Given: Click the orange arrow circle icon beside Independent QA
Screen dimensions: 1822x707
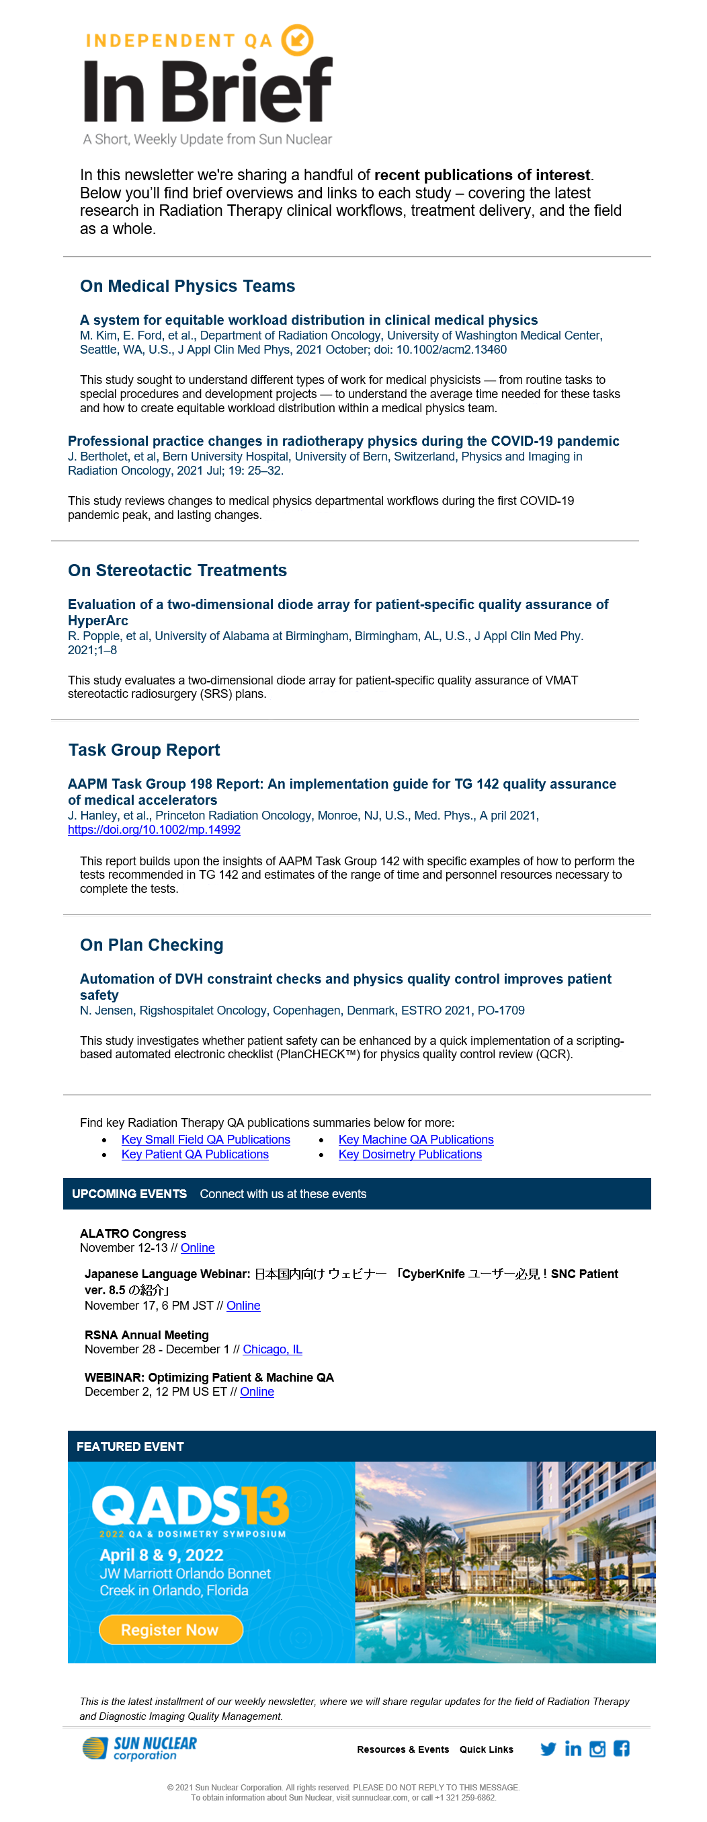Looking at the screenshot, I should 297,40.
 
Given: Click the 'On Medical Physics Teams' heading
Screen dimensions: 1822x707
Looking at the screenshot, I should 188,286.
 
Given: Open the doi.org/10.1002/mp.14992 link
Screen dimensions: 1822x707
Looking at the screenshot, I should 154,830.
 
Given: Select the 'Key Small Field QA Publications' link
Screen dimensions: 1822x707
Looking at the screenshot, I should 206,1140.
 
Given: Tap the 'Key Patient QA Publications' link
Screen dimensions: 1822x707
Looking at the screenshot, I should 195,1154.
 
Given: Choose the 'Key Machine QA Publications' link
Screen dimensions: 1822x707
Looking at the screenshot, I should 416,1140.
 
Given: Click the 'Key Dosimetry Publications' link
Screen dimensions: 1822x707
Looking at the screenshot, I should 410,1154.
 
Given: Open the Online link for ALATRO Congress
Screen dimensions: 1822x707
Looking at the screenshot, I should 198,1248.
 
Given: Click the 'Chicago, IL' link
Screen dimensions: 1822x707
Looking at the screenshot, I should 272,1349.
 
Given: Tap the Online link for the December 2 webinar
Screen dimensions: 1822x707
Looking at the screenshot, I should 257,1391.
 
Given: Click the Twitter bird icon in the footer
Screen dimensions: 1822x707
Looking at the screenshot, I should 548,1749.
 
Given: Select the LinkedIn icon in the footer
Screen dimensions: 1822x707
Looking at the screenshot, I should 573,1749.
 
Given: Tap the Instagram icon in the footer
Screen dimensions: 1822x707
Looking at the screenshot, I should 597,1749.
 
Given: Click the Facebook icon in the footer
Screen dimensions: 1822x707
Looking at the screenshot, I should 622,1749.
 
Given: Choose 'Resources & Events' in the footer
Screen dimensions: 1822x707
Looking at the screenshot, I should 403,1749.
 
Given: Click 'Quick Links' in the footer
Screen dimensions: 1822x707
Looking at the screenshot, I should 487,1749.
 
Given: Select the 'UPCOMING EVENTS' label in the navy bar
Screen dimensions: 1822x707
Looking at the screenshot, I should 130,1194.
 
